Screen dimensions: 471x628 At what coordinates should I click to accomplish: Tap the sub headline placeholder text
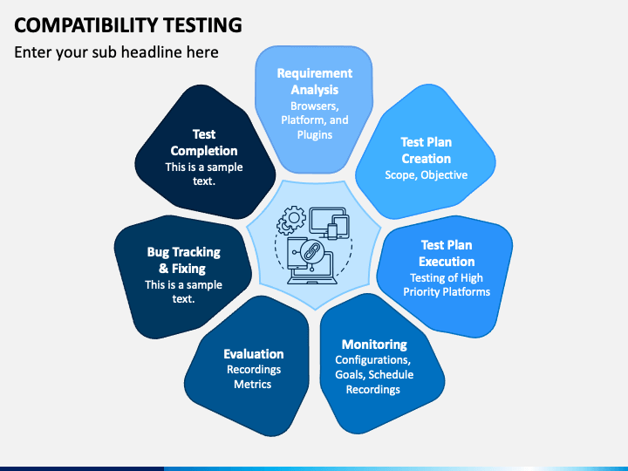[x=116, y=52]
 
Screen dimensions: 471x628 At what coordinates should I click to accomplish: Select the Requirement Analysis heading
[x=314, y=81]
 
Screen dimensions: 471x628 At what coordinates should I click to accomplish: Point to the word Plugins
[x=314, y=135]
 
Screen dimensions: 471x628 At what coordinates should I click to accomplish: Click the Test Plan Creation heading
[x=426, y=150]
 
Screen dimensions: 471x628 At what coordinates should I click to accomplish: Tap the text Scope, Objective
[x=426, y=175]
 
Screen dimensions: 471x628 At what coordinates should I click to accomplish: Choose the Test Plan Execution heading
[x=447, y=253]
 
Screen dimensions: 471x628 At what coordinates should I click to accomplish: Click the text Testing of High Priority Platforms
[x=447, y=285]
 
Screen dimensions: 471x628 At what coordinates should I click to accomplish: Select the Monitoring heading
[x=374, y=344]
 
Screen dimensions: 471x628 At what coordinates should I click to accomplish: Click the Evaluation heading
[x=254, y=353]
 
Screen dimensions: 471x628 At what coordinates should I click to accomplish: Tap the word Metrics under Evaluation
[x=253, y=385]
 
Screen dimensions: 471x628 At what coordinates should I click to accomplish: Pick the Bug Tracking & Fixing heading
[x=183, y=260]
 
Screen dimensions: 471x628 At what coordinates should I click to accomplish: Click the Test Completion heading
[x=204, y=142]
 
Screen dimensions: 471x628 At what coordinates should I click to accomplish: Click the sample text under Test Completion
[x=204, y=174]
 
